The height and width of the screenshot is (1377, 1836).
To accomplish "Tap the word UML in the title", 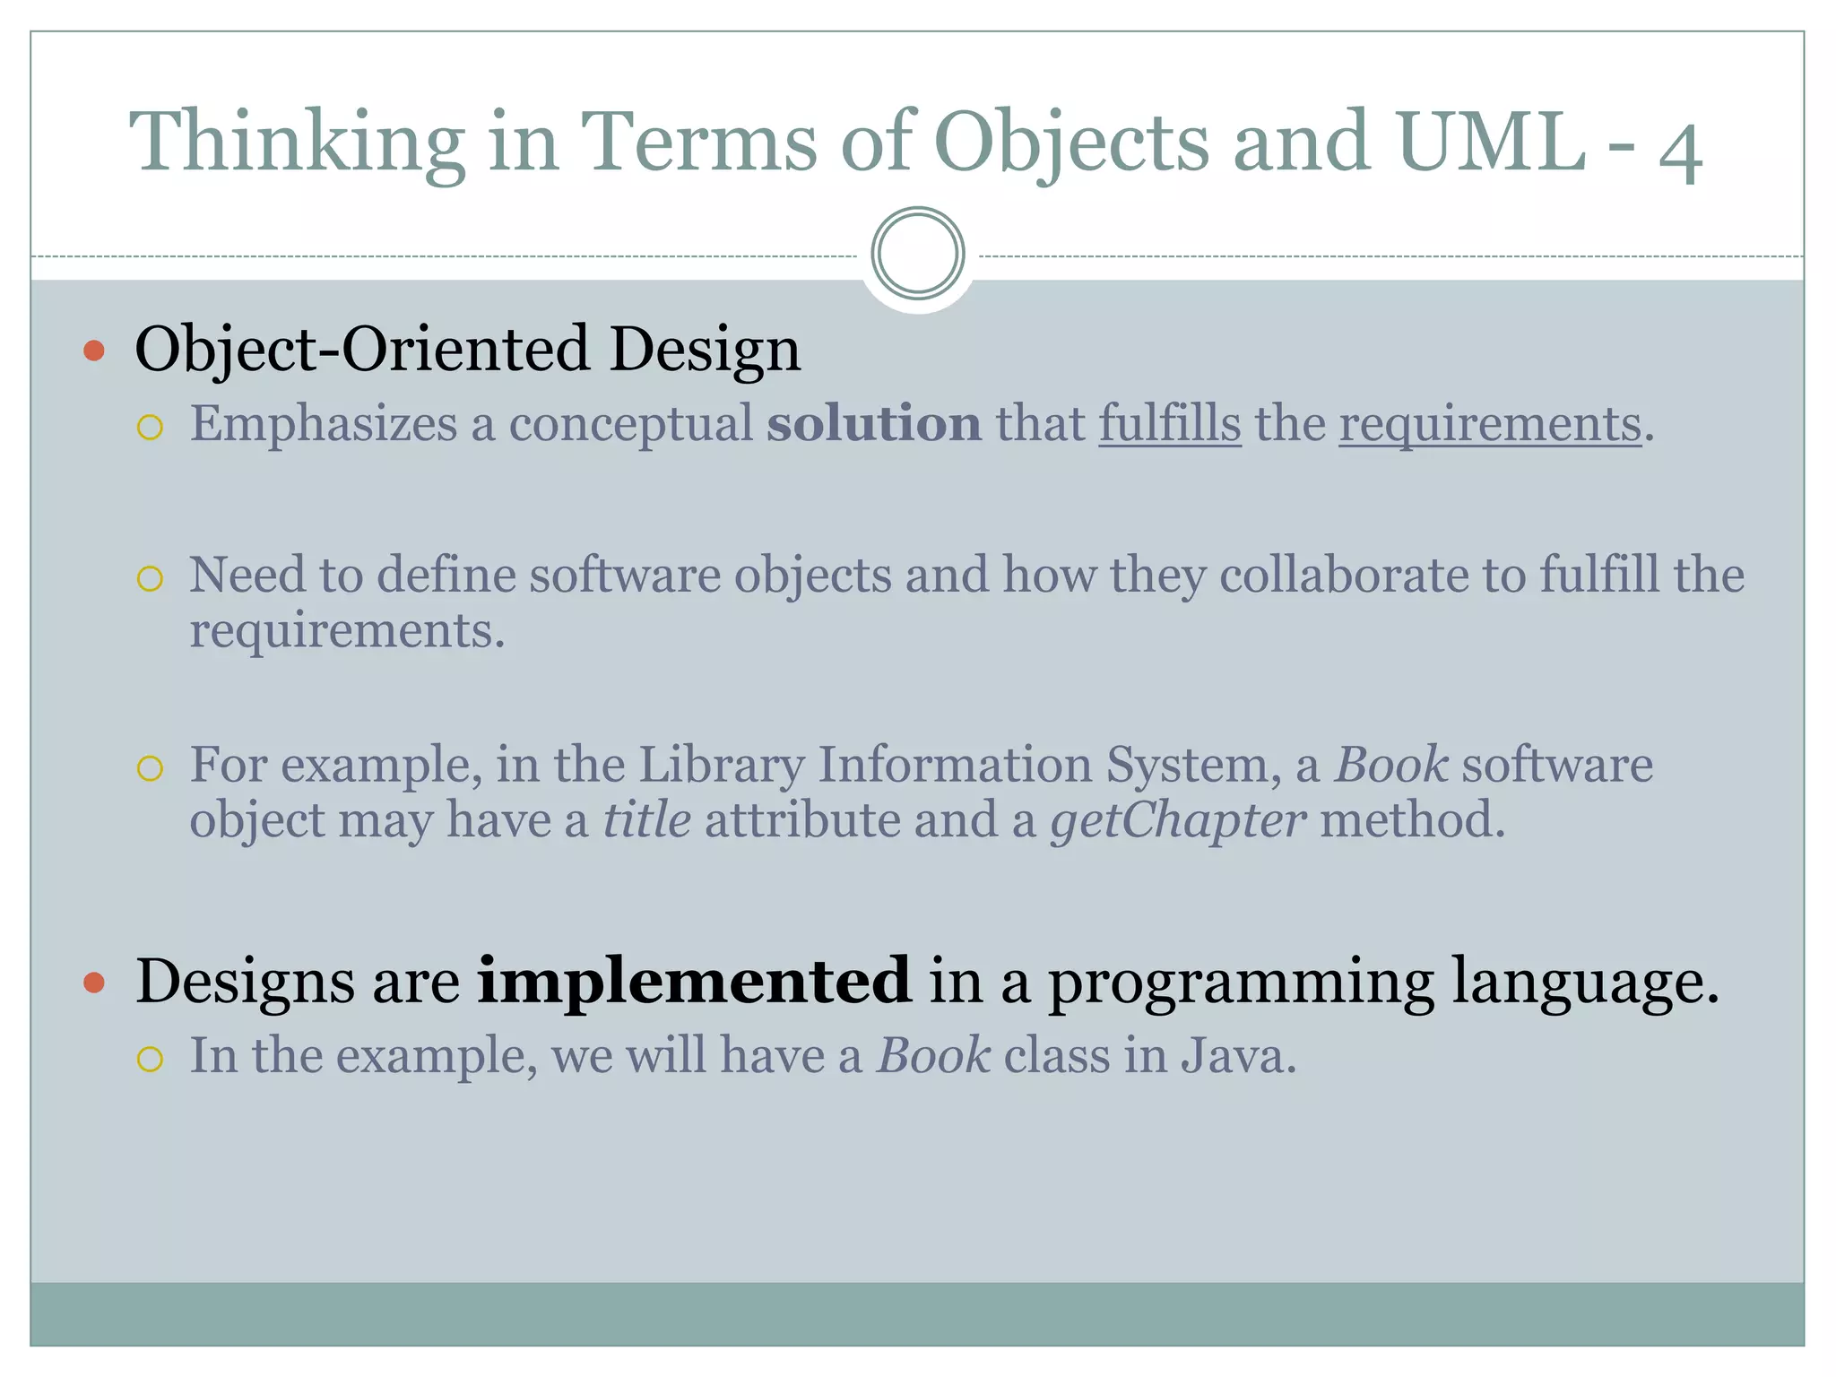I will click(x=1491, y=142).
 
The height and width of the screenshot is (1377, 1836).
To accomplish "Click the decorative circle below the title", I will click(x=917, y=254).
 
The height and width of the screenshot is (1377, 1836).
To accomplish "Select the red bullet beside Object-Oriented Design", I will click(x=94, y=350).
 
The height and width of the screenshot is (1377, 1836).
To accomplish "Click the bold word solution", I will click(x=874, y=423).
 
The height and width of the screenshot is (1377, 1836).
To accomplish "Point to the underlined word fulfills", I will click(x=1170, y=423).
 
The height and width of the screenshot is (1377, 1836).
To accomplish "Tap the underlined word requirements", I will click(x=1490, y=425).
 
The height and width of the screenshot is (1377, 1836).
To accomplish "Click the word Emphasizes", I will click(x=324, y=425).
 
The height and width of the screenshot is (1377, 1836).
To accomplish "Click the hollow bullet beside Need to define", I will click(x=150, y=578).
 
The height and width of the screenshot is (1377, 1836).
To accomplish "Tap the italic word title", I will click(x=646, y=820).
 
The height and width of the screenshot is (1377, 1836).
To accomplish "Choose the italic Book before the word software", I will click(x=1390, y=765).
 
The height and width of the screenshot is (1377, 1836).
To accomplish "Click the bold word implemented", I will click(x=694, y=981).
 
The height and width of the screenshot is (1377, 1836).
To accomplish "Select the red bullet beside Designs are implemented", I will click(x=94, y=983).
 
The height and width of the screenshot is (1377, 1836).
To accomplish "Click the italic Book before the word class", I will click(x=933, y=1055).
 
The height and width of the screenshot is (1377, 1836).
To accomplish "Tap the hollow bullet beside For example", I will click(x=150, y=768).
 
